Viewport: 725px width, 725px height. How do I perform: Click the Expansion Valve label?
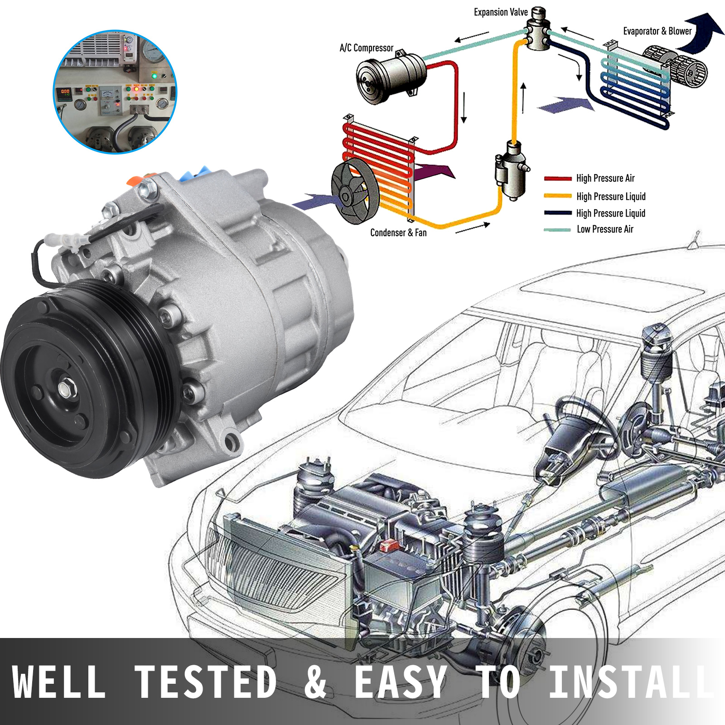(x=501, y=12)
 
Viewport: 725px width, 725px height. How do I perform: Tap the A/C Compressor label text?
(x=366, y=48)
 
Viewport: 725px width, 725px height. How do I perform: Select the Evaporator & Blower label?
(x=657, y=31)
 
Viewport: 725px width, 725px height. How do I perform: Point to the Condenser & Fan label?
(x=398, y=233)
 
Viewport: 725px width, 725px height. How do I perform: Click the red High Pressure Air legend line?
(x=558, y=179)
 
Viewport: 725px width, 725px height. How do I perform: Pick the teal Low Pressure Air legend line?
(x=557, y=230)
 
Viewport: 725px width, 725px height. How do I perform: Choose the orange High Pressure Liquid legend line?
(x=558, y=196)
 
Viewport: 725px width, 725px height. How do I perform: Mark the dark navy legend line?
(x=558, y=213)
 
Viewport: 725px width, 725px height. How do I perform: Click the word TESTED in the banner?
(x=206, y=681)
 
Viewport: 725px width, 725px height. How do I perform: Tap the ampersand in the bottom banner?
(x=316, y=681)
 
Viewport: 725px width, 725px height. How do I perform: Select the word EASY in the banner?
(x=401, y=681)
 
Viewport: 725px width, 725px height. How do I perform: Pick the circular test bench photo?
(x=115, y=92)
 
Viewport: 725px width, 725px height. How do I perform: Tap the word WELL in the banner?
(x=59, y=681)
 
